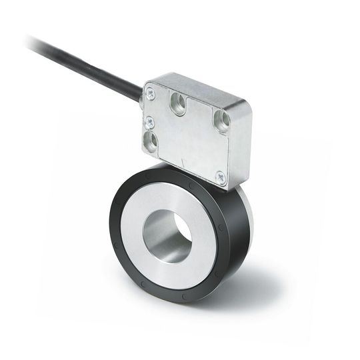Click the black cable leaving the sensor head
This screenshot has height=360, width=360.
point(87,63)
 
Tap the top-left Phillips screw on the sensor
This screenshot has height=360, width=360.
point(151,95)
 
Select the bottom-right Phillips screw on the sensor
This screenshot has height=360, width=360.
point(220,177)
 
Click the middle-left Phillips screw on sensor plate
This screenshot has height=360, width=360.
point(151,122)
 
